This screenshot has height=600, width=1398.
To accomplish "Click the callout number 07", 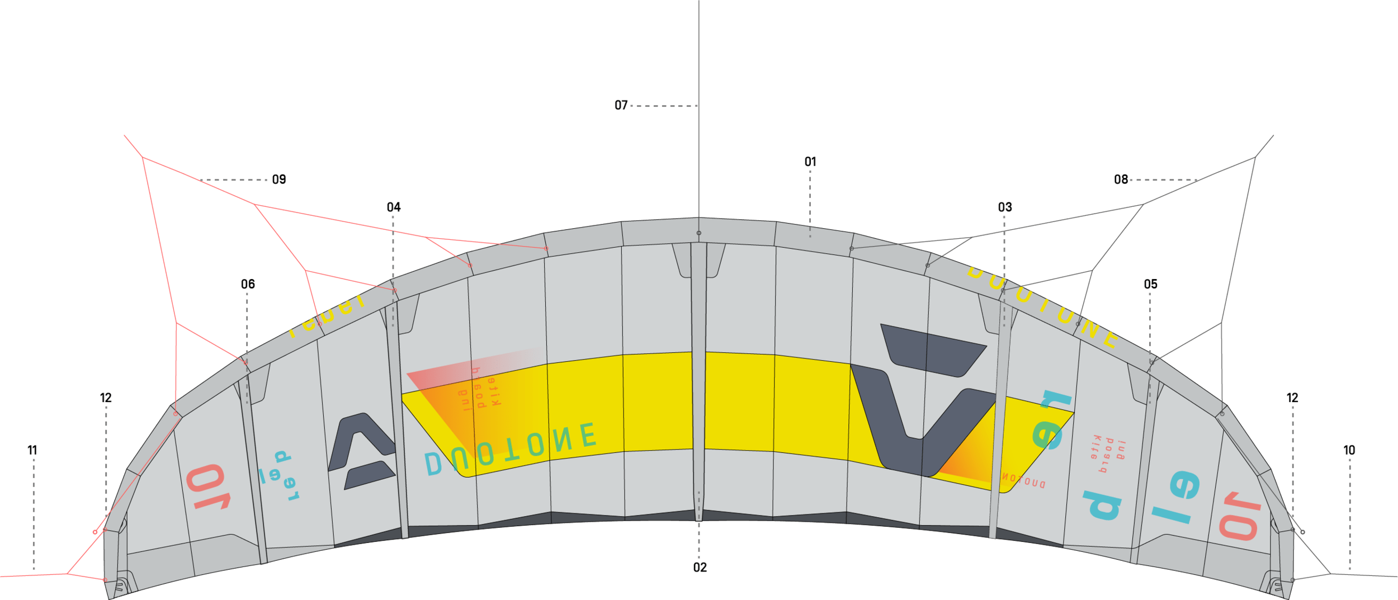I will click(621, 105).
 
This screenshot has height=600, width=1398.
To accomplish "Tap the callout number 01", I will click(810, 162).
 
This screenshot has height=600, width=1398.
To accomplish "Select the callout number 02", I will click(700, 568).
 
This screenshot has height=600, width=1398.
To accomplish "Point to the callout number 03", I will click(1005, 207).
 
